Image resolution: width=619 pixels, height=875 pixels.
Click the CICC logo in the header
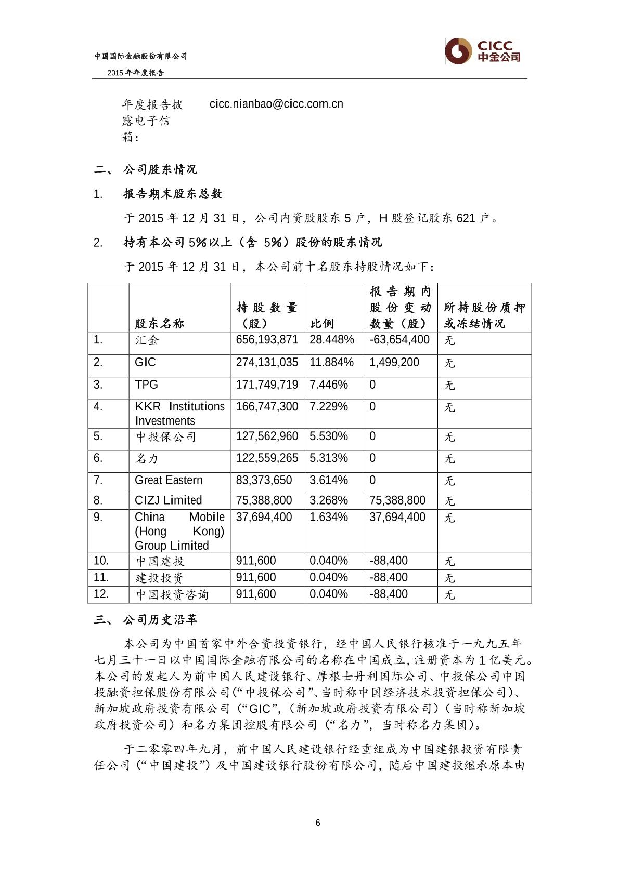pyautogui.click(x=483, y=51)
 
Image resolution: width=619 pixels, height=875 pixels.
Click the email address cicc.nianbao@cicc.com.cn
pyautogui.click(x=276, y=104)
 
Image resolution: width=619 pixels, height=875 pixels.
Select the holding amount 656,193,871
pyautogui.click(x=267, y=340)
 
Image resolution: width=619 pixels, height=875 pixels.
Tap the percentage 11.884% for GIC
pyautogui.click(x=331, y=362)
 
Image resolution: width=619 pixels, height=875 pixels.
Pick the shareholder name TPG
pyautogui.click(x=146, y=385)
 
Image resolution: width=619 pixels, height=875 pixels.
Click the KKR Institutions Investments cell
pyautogui.click(x=179, y=414)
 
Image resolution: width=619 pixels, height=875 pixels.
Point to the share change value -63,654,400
pyautogui.click(x=399, y=340)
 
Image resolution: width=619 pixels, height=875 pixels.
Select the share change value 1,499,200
pyautogui.click(x=394, y=362)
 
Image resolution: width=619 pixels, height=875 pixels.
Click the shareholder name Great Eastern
pyautogui.click(x=169, y=480)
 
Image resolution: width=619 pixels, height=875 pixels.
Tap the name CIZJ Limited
pyautogui.click(x=168, y=500)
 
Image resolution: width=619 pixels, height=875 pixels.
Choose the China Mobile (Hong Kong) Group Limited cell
pyautogui.click(x=179, y=531)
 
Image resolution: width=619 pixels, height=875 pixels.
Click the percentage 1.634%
pyautogui.click(x=329, y=517)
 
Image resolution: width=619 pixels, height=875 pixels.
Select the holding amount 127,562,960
pyautogui.click(x=267, y=436)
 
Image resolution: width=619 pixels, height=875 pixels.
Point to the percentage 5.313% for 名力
pyautogui.click(x=329, y=458)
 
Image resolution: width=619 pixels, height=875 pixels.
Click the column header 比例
pyautogui.click(x=322, y=324)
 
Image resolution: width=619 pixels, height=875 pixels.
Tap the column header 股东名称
pyautogui.click(x=160, y=324)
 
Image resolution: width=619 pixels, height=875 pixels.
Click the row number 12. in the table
pyautogui.click(x=101, y=594)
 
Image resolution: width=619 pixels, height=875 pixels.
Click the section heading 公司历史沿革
pyautogui.click(x=160, y=620)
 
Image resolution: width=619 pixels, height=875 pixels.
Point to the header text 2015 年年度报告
pyautogui.click(x=136, y=73)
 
